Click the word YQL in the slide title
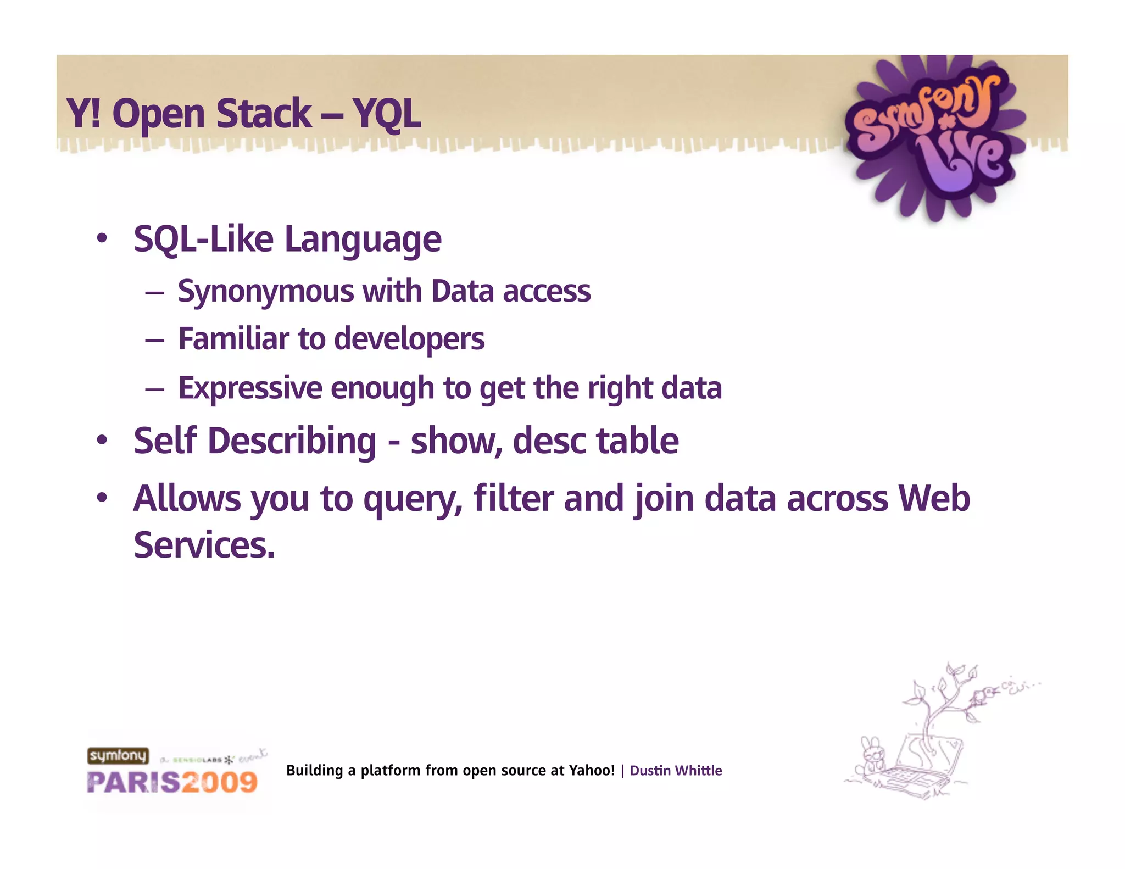click(387, 114)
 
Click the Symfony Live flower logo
click(934, 137)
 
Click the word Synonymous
click(266, 292)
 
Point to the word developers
click(409, 339)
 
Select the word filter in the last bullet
click(513, 499)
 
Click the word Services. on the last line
click(204, 545)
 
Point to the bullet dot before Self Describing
click(102, 441)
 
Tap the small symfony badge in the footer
click(118, 756)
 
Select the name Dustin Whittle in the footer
click(675, 771)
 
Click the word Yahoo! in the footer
click(591, 771)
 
